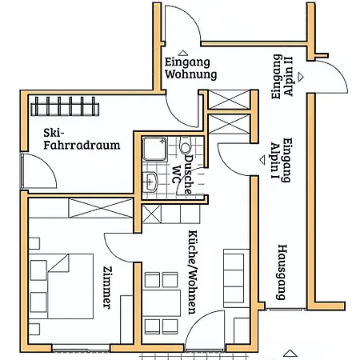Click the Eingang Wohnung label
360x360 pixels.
tap(190, 68)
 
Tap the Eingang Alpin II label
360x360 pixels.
tap(282, 77)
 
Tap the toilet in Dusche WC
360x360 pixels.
tap(186, 149)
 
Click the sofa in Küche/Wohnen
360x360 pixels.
tap(234, 277)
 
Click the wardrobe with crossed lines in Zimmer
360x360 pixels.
tap(79, 208)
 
